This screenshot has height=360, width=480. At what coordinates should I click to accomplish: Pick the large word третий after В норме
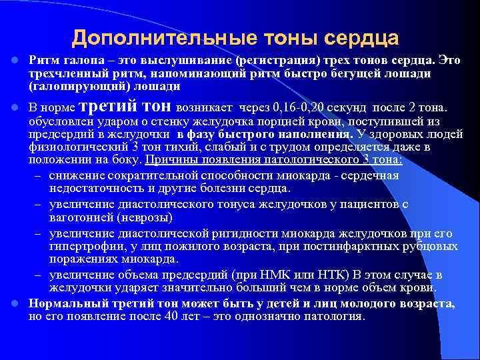108,107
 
